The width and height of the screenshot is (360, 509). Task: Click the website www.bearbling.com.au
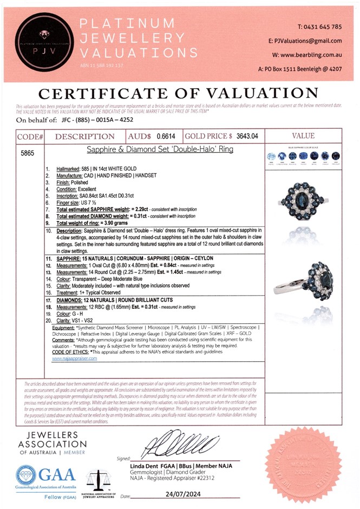[311, 55]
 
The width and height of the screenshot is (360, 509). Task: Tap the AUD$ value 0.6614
[166, 137]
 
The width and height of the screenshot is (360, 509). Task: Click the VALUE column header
[303, 137]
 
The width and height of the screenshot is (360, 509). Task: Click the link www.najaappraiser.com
[75, 358]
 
